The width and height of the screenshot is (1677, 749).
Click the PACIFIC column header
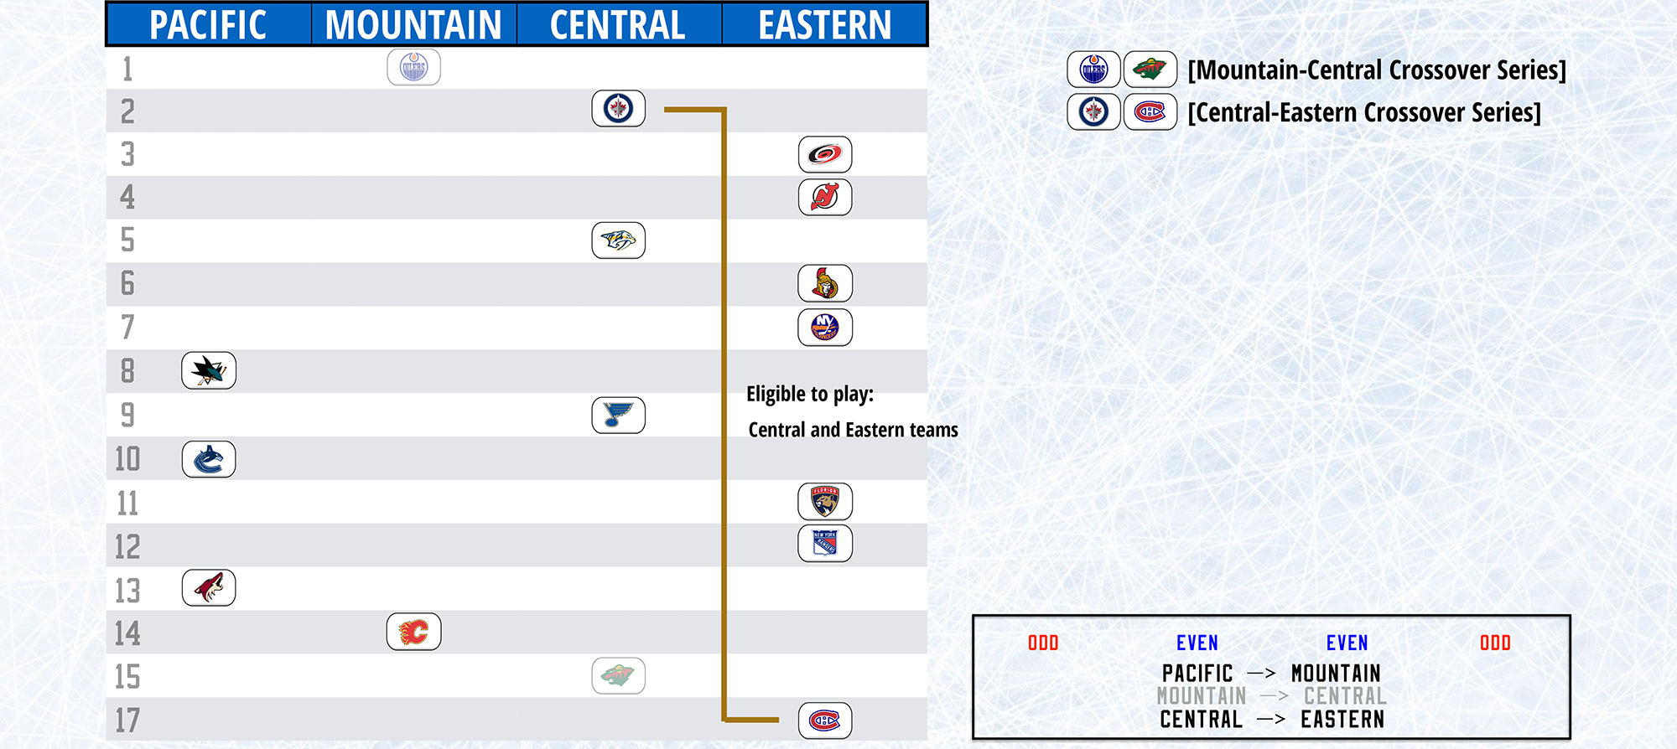(x=208, y=25)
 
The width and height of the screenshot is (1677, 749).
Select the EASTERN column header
(x=825, y=25)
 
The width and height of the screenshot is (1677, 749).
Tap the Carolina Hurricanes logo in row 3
(x=825, y=154)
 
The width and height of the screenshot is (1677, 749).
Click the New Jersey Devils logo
(x=825, y=198)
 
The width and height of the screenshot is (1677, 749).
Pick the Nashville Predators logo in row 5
(x=619, y=240)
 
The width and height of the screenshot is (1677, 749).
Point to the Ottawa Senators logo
(x=825, y=284)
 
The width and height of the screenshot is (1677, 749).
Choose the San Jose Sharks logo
(x=209, y=370)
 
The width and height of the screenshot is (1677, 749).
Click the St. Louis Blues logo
(x=619, y=415)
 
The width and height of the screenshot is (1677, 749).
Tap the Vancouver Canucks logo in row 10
(x=209, y=459)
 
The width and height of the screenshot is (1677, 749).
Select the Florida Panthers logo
(x=825, y=501)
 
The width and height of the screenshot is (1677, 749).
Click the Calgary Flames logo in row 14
(x=414, y=632)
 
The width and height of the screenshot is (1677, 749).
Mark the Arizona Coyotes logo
(x=209, y=588)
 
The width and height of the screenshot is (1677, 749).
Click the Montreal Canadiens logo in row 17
(x=825, y=721)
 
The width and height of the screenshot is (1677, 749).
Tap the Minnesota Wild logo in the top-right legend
(x=1150, y=69)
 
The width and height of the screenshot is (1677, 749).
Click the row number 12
(x=127, y=547)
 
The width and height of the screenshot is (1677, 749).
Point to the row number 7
(x=127, y=327)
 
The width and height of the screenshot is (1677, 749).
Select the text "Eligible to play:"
(x=810, y=395)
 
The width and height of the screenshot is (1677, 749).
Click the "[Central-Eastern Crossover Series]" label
(x=1364, y=112)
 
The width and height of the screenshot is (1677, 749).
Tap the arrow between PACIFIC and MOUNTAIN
(x=1262, y=673)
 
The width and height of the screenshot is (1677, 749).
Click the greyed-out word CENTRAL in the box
(x=1345, y=696)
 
